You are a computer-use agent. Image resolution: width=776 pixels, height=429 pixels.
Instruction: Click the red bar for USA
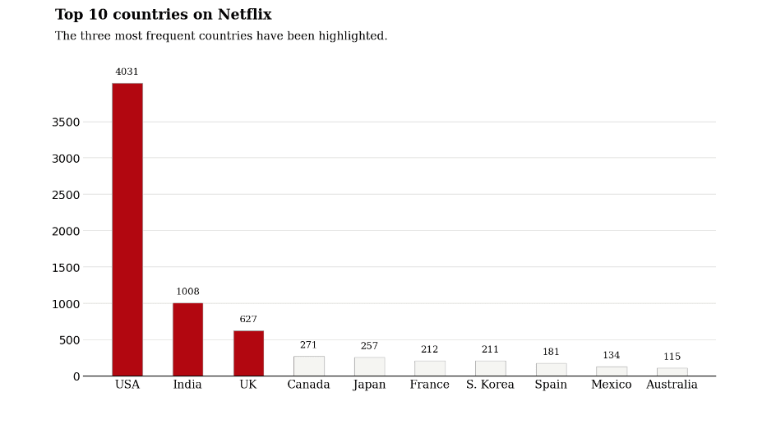(127, 229)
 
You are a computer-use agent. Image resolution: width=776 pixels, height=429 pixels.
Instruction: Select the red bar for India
(187, 339)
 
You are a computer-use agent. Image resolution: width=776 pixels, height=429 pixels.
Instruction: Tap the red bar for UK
(248, 353)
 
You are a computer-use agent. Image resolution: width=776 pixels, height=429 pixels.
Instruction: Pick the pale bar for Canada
(309, 367)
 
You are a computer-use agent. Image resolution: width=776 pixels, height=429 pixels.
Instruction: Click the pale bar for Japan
(369, 367)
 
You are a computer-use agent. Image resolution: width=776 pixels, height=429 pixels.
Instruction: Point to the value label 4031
(127, 71)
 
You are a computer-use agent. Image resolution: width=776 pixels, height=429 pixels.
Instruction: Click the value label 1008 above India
(187, 292)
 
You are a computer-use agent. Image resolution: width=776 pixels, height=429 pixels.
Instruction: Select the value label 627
(248, 319)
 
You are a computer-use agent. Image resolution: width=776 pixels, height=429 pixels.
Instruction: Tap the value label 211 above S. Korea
(490, 349)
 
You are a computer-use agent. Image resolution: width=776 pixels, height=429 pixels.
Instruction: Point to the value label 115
(672, 356)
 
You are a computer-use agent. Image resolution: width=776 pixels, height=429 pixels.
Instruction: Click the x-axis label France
(430, 385)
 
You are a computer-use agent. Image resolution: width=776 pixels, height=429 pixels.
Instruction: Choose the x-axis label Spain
(551, 385)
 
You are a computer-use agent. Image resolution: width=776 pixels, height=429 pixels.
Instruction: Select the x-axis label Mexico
(612, 385)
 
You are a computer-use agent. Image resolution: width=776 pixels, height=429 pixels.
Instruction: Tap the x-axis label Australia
(672, 385)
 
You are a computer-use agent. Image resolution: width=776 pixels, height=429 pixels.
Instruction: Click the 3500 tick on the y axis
(66, 122)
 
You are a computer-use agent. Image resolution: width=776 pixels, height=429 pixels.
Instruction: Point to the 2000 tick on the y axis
(66, 231)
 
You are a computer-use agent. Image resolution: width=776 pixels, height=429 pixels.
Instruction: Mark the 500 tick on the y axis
(69, 340)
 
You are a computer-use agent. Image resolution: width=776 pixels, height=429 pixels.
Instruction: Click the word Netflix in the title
(244, 14)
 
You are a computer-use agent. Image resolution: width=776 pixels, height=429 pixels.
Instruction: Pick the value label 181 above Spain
(551, 352)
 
